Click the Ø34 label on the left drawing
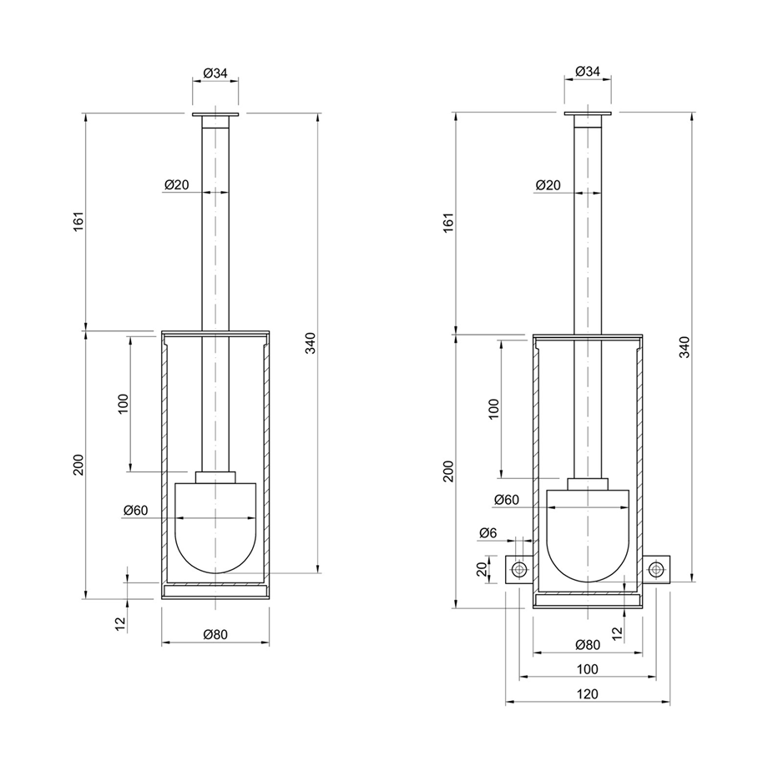coord(215,73)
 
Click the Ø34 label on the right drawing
coord(588,73)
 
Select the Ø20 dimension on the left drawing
coord(176,184)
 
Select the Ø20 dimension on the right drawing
coord(548,184)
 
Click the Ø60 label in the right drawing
coord(506,500)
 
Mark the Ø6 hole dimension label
coord(489,532)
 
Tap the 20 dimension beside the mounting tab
coord(482,569)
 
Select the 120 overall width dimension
coord(588,693)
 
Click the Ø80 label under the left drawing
coord(215,635)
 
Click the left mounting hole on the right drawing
coord(520,569)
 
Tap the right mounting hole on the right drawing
coord(657,569)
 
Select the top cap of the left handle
coord(215,114)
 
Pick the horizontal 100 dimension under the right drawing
coord(588,668)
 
